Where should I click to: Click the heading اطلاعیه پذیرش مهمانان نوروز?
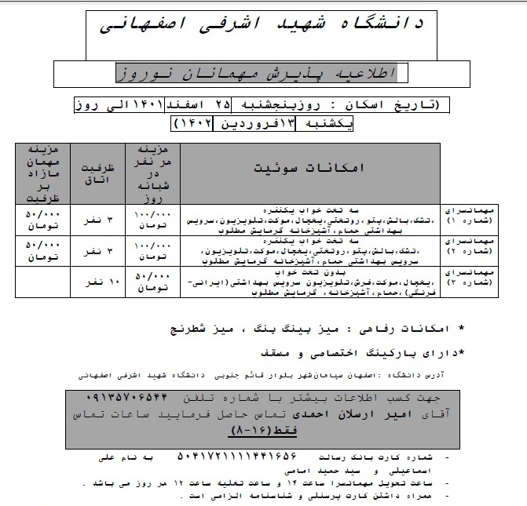pos(262,75)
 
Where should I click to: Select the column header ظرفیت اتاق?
pos(94,173)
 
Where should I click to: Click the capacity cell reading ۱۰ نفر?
pos(94,281)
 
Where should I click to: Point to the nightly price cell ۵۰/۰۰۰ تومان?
pos(148,282)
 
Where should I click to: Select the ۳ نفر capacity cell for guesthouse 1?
pos(94,216)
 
